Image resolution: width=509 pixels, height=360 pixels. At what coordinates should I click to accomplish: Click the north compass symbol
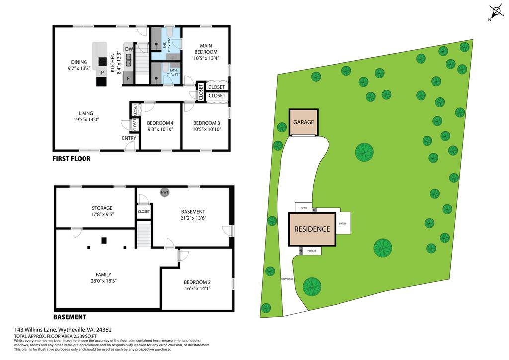(495, 11)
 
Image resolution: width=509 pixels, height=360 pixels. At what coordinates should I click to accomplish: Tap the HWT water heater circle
(164, 192)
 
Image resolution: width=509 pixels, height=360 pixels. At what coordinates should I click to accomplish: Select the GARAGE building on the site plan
(303, 122)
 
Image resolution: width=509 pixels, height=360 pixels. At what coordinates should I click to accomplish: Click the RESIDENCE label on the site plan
(312, 229)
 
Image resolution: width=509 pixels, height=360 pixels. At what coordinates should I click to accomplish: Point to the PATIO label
(342, 223)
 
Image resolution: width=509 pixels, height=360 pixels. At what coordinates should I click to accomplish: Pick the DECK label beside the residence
(303, 207)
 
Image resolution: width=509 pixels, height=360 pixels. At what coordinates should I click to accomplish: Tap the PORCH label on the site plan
(311, 251)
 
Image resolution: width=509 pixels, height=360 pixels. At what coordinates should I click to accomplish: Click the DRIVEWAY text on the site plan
(288, 279)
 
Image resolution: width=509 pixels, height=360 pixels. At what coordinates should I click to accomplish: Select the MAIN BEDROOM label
(206, 49)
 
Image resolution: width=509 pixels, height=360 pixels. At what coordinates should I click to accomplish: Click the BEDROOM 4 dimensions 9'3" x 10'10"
(160, 129)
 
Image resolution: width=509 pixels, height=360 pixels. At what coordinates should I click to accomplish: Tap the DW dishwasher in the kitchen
(128, 49)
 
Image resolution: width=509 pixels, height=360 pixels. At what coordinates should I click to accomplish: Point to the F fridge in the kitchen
(128, 78)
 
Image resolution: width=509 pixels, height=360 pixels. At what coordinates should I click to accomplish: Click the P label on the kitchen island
(102, 73)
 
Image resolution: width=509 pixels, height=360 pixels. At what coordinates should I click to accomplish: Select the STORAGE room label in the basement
(102, 208)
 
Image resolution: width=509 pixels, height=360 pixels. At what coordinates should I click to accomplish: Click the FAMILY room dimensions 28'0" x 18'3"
(103, 281)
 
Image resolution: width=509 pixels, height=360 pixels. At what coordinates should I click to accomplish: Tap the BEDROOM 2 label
(197, 281)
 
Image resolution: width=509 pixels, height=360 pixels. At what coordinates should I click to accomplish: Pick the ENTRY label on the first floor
(129, 138)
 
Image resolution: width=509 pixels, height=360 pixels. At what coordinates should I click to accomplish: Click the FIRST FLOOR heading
(71, 159)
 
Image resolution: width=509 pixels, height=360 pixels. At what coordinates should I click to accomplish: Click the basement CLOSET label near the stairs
(144, 211)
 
